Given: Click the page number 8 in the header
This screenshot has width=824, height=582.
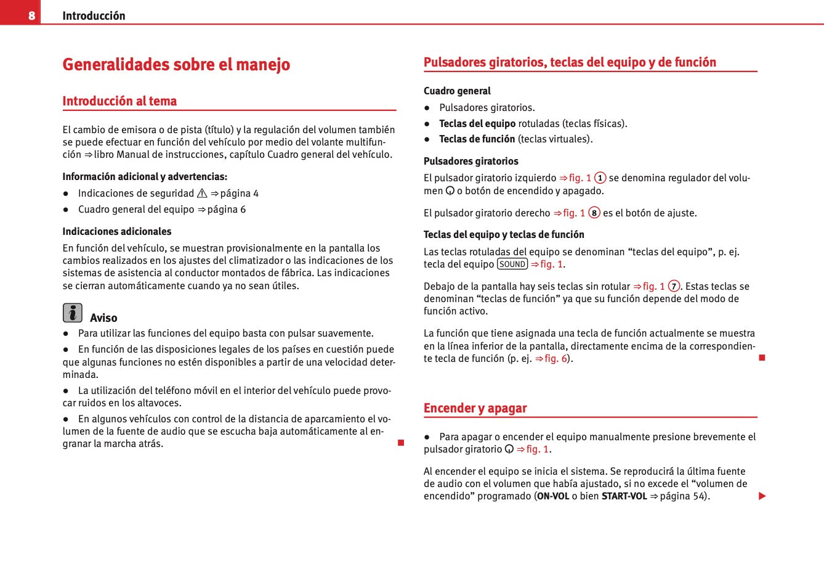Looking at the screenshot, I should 31,15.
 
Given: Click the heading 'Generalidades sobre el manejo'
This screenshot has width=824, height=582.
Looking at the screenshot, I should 176,65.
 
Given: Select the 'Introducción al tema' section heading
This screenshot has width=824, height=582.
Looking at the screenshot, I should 119,101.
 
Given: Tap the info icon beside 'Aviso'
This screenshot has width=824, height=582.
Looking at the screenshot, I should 72,313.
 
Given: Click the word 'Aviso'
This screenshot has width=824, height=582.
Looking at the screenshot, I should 103,318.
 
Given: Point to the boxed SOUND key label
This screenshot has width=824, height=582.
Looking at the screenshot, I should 512,264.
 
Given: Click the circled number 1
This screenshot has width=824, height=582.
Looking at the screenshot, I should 600,178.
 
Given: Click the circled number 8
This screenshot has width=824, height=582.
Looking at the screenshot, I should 594,213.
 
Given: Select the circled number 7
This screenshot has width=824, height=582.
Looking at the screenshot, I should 674,287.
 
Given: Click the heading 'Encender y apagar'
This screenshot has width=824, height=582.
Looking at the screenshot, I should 475,408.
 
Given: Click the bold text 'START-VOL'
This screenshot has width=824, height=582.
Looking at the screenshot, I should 624,496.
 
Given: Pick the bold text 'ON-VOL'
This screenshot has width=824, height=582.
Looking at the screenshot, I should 553,496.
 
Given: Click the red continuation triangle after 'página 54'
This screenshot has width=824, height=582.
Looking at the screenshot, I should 762,496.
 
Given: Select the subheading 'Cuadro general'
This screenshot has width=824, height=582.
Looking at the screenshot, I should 457,91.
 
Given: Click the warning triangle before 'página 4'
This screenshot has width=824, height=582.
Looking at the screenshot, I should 202,194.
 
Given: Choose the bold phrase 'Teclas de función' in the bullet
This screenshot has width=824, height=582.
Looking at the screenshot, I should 477,139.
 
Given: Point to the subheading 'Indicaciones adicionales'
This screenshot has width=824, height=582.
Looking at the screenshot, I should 117,232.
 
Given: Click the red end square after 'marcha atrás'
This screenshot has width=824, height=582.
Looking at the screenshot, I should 401,443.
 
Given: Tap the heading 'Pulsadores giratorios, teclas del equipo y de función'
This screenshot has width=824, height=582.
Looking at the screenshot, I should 570,62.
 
